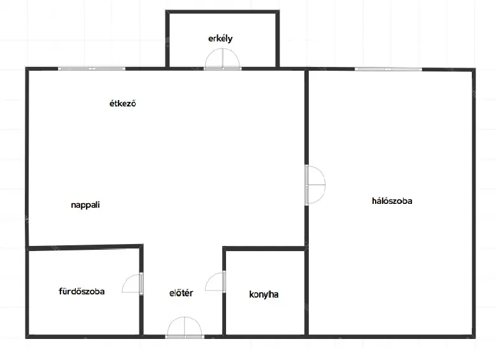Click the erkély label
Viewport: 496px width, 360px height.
click(220, 39)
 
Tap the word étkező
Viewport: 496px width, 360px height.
click(123, 103)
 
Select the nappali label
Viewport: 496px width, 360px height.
click(85, 205)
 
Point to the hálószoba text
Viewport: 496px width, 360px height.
click(392, 201)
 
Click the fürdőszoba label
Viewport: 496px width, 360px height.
click(81, 291)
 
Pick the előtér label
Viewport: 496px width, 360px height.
click(181, 293)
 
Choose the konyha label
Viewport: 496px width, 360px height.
click(264, 294)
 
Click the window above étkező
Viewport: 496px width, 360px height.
click(92, 68)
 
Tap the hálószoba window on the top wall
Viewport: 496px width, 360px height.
click(388, 69)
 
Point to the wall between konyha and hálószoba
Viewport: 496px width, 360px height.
click(306, 292)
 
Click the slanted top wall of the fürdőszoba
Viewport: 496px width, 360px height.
click(85, 247)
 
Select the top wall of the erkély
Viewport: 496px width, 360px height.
click(222, 12)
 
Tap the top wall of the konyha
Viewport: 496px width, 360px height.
click(264, 248)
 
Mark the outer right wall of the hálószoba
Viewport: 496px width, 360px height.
click(474, 203)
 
